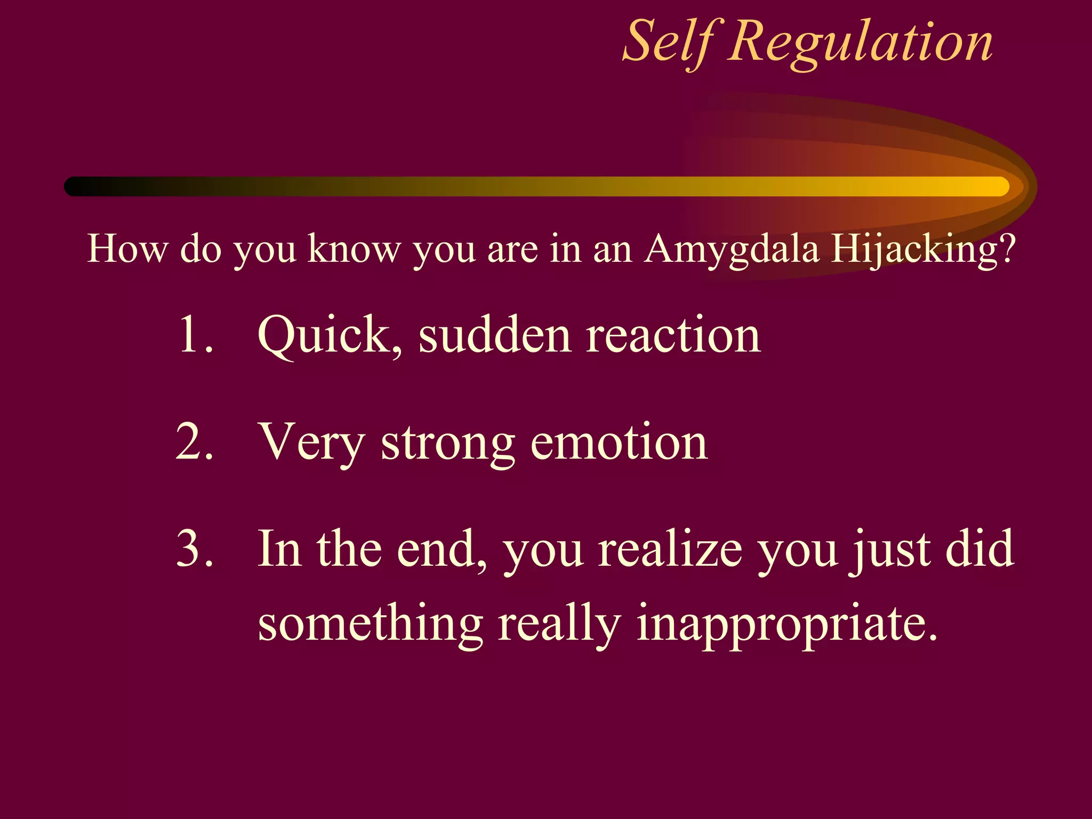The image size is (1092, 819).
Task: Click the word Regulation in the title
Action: pyautogui.click(x=861, y=43)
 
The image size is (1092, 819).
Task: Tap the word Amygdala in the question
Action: pyautogui.click(x=730, y=250)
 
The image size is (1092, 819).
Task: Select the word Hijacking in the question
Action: pyautogui.click(x=913, y=250)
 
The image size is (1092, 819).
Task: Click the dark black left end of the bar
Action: pyautogui.click(x=77, y=186)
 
